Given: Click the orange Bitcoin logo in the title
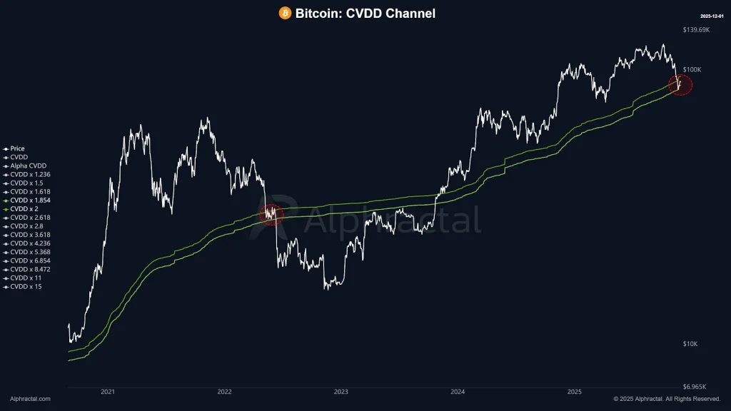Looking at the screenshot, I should (x=285, y=13).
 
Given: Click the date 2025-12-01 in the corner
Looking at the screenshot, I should (x=712, y=15).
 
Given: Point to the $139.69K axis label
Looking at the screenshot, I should (x=696, y=30).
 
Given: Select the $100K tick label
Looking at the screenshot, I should (x=692, y=70).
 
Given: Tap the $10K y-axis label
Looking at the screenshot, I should (x=690, y=345).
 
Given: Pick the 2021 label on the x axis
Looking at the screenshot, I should (x=108, y=392).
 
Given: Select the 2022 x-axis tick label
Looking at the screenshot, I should (x=224, y=392).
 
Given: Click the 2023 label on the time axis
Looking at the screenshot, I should (x=341, y=392).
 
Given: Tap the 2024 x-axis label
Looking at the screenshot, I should (x=458, y=392).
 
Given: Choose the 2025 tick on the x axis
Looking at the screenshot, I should (x=575, y=392).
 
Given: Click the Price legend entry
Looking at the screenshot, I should (x=17, y=148).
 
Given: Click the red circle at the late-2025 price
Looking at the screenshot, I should (x=680, y=84).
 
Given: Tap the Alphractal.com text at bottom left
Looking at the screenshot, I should (x=30, y=399).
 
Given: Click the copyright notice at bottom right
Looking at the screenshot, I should (x=667, y=399).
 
